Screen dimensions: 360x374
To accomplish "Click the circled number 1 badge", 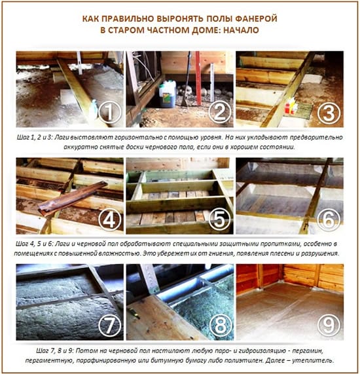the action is coord(110,112).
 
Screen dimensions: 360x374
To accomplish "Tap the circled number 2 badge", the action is coord(219,112).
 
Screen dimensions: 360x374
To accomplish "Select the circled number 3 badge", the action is coord(329,113).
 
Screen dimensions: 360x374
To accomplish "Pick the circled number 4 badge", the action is coord(110,220).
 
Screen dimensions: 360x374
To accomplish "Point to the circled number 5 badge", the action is coord(219,219).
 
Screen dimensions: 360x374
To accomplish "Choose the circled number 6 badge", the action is coord(329,220).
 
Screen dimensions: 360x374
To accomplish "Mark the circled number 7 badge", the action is coord(110,326).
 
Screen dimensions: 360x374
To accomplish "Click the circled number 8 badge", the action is coord(221,326).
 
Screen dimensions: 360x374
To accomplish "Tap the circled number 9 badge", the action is coord(329,325).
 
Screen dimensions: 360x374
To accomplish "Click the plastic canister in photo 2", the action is coord(168,94).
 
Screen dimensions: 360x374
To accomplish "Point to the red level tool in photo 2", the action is coord(198,78).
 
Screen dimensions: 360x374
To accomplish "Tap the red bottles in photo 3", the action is coord(291,106).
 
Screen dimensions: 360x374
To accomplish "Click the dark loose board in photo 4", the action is coord(73,198).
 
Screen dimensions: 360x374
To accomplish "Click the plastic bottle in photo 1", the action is coord(93,109).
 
